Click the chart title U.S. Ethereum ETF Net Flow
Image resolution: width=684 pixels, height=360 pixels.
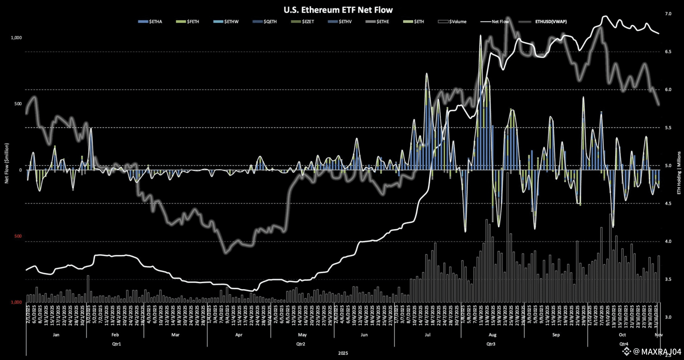(x=338, y=10)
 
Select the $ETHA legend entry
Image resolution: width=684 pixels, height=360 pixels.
(x=150, y=22)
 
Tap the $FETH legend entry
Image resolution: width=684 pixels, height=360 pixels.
(x=188, y=22)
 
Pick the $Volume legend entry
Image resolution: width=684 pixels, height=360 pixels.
(x=453, y=22)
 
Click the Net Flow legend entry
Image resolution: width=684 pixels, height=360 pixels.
(x=495, y=22)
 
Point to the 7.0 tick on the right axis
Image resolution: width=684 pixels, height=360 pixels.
(x=668, y=14)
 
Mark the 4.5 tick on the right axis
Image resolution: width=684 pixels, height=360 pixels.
(x=668, y=203)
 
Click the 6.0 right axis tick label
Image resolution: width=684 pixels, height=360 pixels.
(x=668, y=89)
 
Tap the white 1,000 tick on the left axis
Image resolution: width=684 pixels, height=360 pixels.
(x=16, y=38)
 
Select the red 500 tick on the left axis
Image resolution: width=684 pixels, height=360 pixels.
(x=18, y=236)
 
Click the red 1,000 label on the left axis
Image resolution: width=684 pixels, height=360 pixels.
(x=16, y=302)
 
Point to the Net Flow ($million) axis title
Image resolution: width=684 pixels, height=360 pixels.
(x=7, y=163)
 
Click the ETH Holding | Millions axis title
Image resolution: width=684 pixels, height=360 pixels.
(x=679, y=173)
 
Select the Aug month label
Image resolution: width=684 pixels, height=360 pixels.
(x=492, y=335)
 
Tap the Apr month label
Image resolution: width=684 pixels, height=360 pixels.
(x=239, y=335)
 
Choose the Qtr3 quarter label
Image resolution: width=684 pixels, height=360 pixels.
(x=491, y=344)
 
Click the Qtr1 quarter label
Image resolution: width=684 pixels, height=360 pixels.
(x=116, y=344)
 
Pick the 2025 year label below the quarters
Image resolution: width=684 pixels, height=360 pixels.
(x=343, y=353)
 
